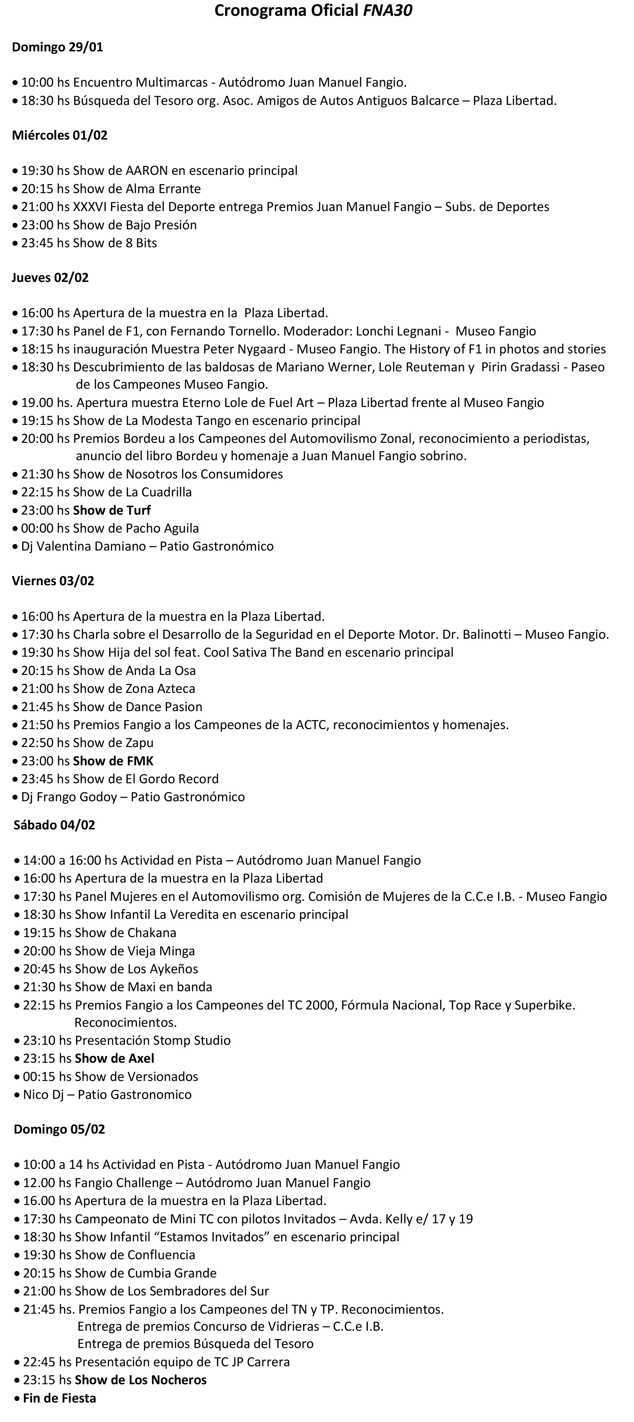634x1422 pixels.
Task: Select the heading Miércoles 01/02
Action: [x=60, y=135]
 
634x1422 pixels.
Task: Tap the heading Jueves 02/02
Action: [x=50, y=278]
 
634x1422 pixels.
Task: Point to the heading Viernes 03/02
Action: [x=53, y=581]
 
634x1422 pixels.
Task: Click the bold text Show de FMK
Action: [x=113, y=761]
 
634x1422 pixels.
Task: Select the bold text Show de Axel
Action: [x=114, y=1058]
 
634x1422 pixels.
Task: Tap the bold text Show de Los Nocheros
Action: [x=141, y=1380]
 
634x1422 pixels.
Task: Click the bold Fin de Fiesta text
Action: [x=60, y=1398]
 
